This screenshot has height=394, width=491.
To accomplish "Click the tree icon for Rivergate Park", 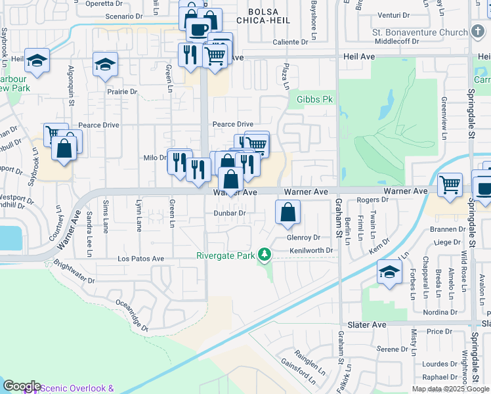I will [x=265, y=253].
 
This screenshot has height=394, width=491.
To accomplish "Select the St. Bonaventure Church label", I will [x=419, y=32].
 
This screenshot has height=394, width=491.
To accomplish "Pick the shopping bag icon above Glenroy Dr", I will [x=288, y=213].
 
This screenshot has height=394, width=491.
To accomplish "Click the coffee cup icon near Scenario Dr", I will [x=198, y=29].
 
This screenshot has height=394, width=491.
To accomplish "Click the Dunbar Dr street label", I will [x=229, y=213].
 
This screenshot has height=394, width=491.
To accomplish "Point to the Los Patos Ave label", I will [x=140, y=259].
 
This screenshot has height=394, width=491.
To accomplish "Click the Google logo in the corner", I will [x=22, y=386].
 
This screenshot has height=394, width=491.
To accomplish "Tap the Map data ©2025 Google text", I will [x=450, y=389].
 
